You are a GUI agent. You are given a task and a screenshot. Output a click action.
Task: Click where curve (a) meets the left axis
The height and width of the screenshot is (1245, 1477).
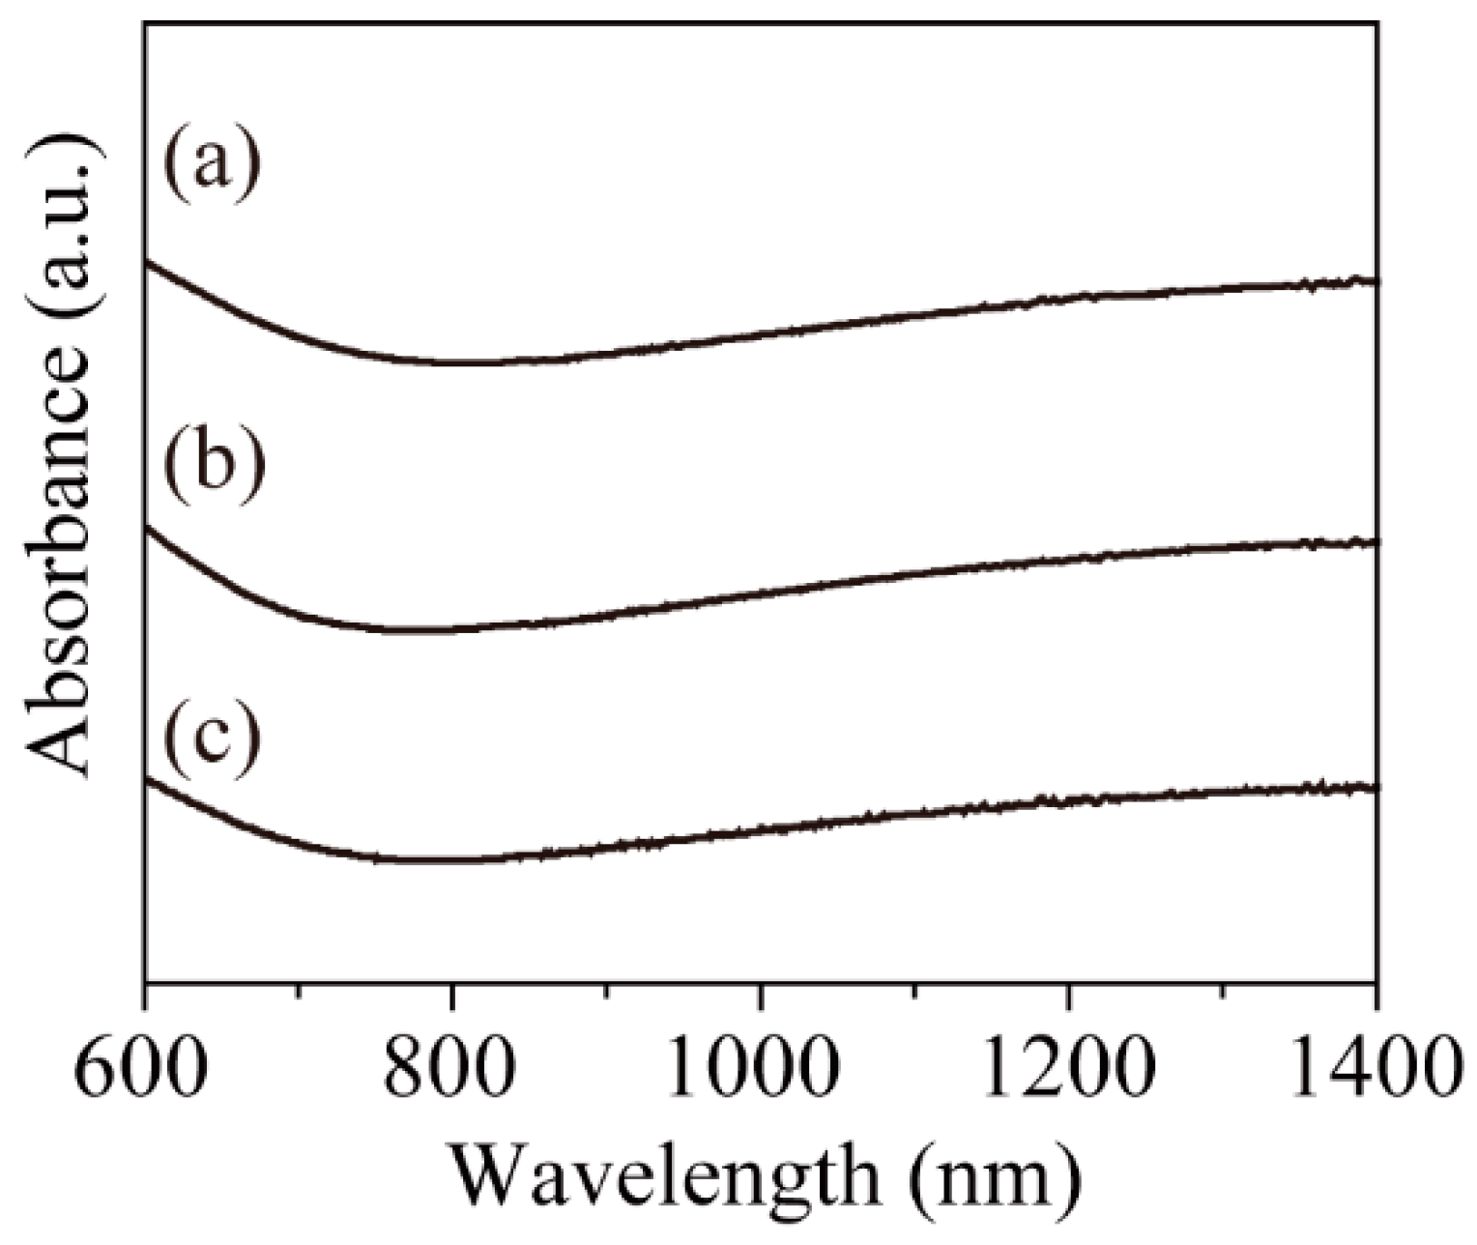point(146,261)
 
